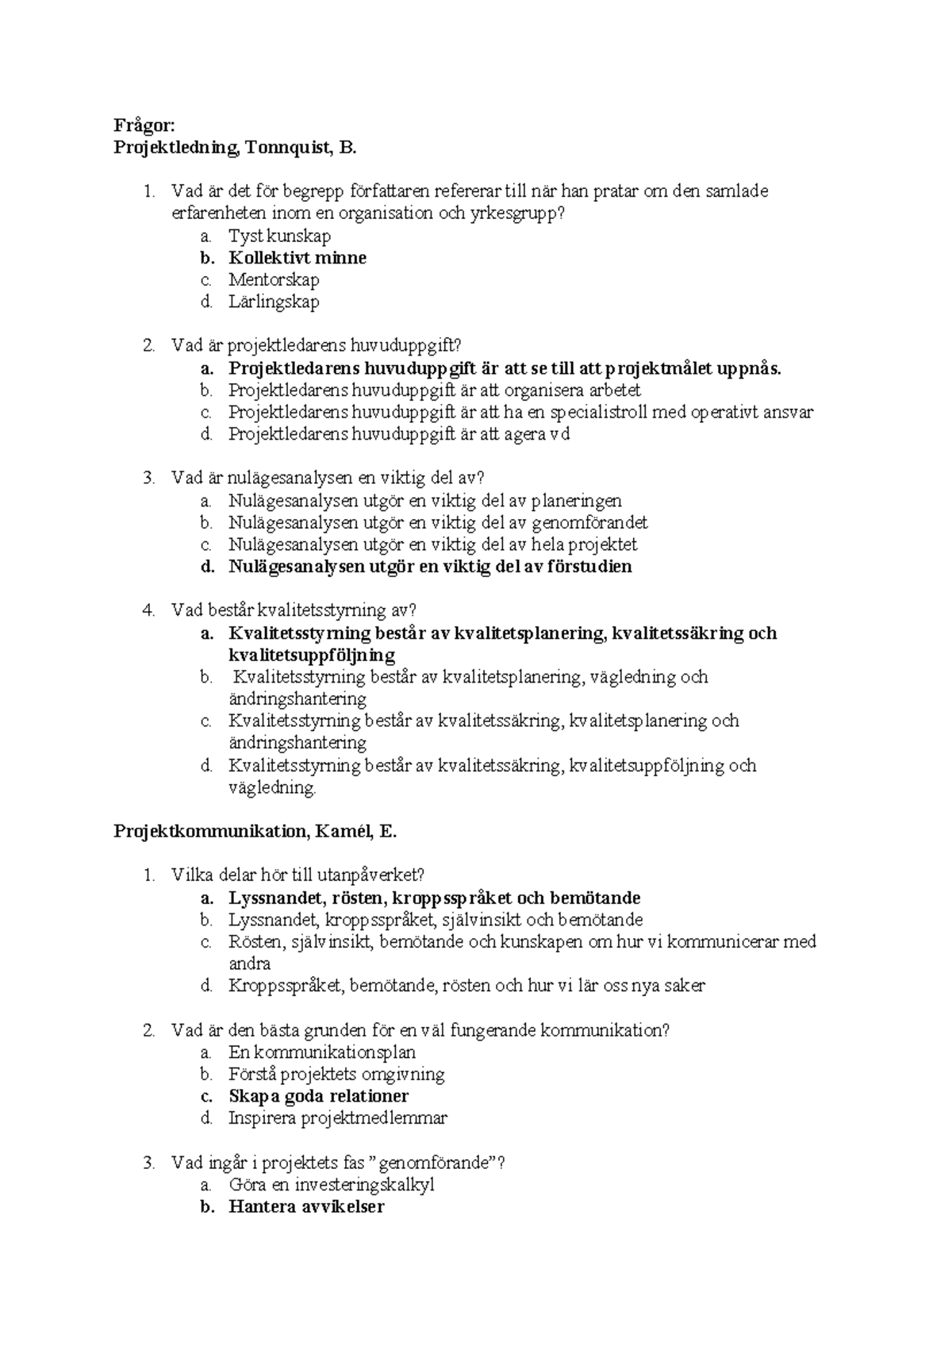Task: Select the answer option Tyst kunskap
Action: tap(279, 236)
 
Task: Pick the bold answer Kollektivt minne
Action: tap(297, 258)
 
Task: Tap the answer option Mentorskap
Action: tap(274, 279)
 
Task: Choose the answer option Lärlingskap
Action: tap(274, 302)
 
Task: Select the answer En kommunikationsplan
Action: tap(322, 1052)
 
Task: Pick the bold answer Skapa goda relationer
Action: tap(318, 1096)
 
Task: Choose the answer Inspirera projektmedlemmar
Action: tap(338, 1118)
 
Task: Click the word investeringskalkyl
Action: tap(364, 1185)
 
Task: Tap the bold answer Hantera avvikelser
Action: tap(306, 1207)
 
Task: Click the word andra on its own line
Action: tap(250, 964)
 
